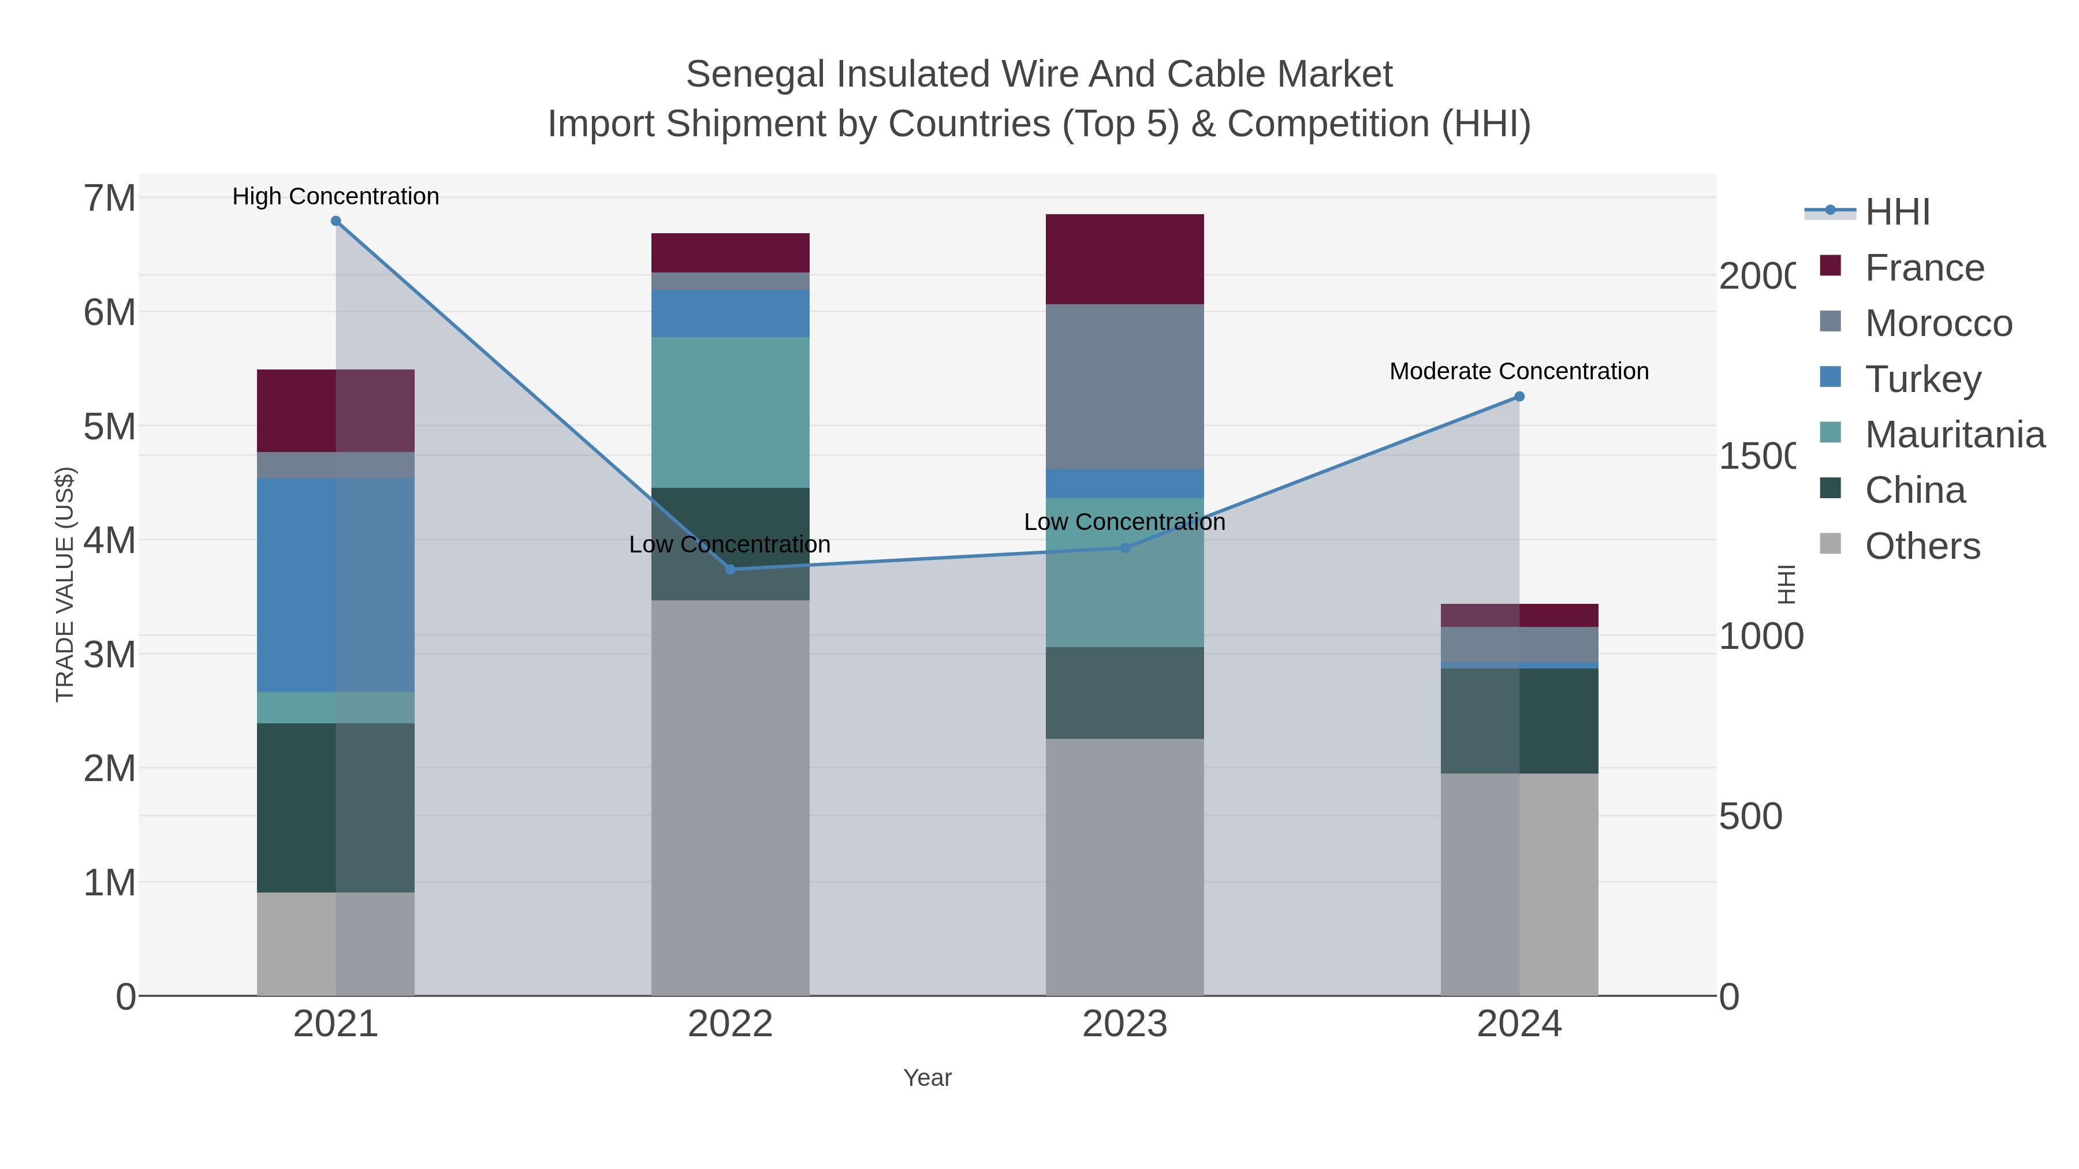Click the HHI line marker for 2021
click(336, 221)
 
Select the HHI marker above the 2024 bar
click(1519, 396)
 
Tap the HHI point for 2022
click(731, 570)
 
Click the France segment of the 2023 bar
click(1124, 259)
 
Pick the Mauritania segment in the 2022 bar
click(731, 412)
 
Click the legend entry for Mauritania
click(1954, 434)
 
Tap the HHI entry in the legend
click(1897, 211)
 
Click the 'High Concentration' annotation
click(336, 196)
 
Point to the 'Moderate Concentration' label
click(1519, 371)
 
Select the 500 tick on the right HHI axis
click(1750, 816)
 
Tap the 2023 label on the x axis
click(1124, 1024)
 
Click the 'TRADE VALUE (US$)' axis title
click(65, 584)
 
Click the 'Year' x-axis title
click(927, 1078)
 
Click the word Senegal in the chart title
click(755, 74)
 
